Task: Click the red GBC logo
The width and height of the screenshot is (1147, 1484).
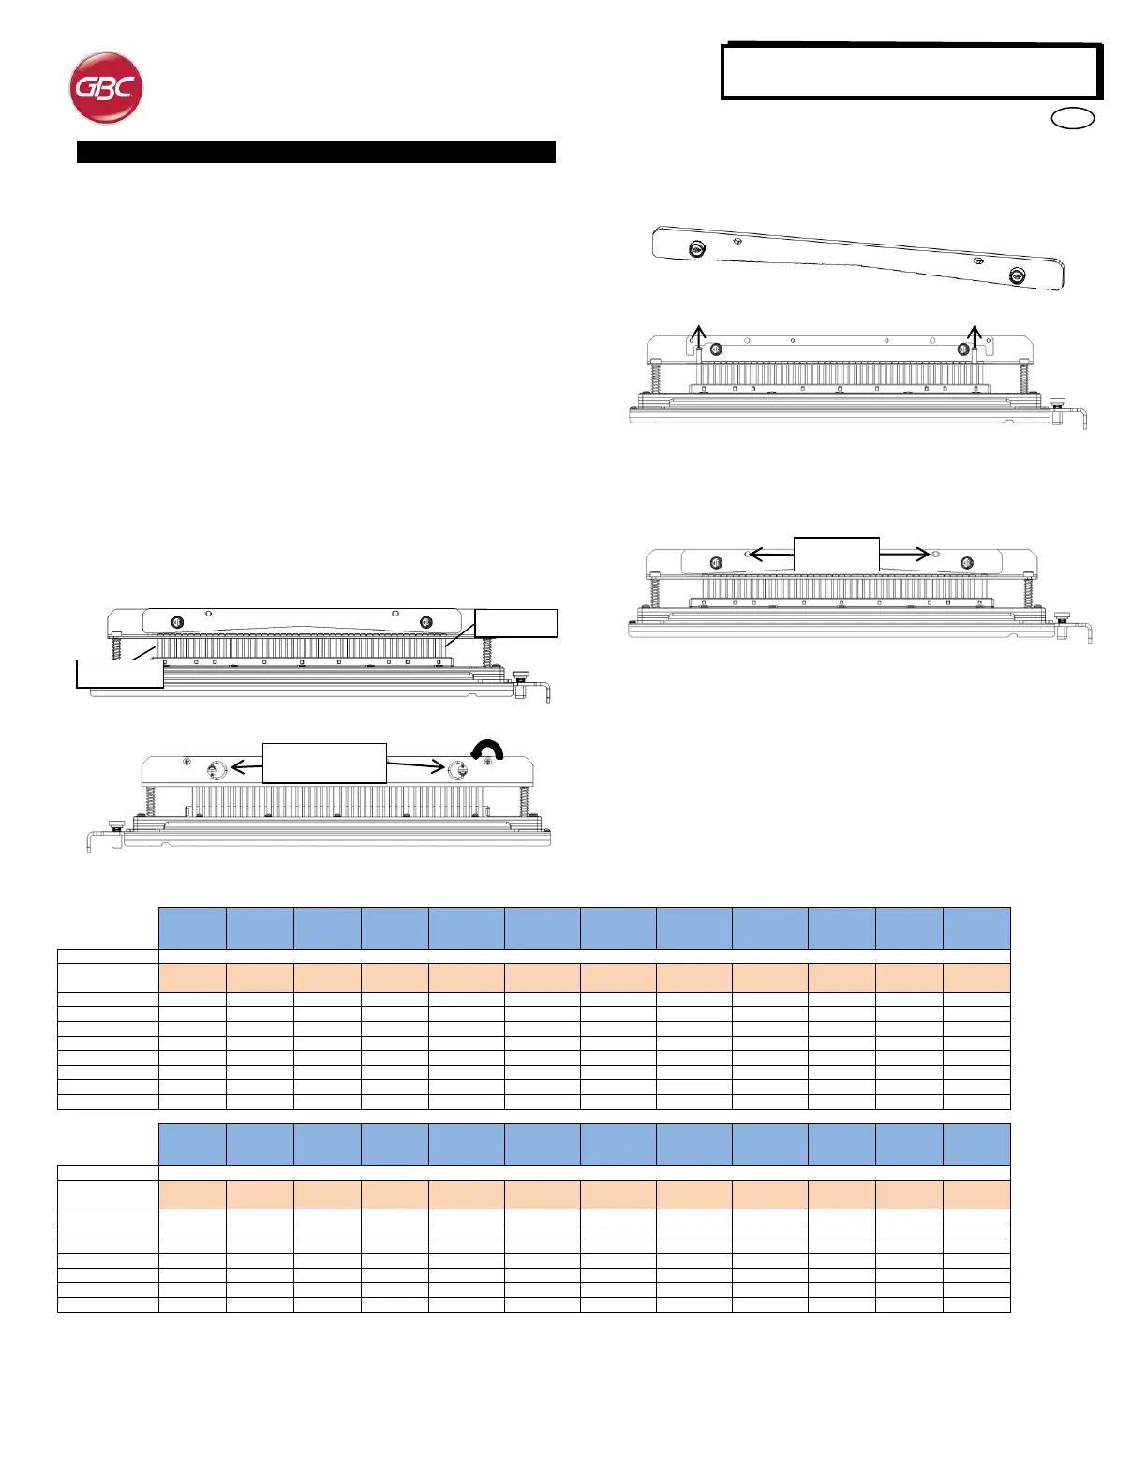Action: click(106, 88)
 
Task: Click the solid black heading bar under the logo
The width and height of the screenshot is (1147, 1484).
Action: click(316, 153)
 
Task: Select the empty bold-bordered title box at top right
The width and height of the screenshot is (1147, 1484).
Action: click(911, 71)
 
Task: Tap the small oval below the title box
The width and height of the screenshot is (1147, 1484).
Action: click(1073, 119)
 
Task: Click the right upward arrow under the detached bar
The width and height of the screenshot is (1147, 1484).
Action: click(975, 334)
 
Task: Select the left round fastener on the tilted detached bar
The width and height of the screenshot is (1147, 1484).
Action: click(696, 249)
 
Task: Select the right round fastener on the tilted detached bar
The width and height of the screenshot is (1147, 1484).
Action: click(1017, 275)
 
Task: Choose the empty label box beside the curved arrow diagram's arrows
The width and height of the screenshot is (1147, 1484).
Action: click(324, 763)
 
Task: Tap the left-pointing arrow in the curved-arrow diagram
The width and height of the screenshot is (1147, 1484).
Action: click(246, 767)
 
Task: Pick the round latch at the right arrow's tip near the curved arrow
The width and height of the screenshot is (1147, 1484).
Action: click(458, 770)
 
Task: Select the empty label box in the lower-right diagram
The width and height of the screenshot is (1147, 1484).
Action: click(836, 553)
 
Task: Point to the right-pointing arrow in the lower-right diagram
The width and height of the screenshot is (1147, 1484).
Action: click(905, 554)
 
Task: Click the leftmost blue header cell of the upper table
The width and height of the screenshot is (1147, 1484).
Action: click(192, 927)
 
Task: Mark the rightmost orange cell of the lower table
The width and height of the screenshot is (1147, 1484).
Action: click(976, 1195)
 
